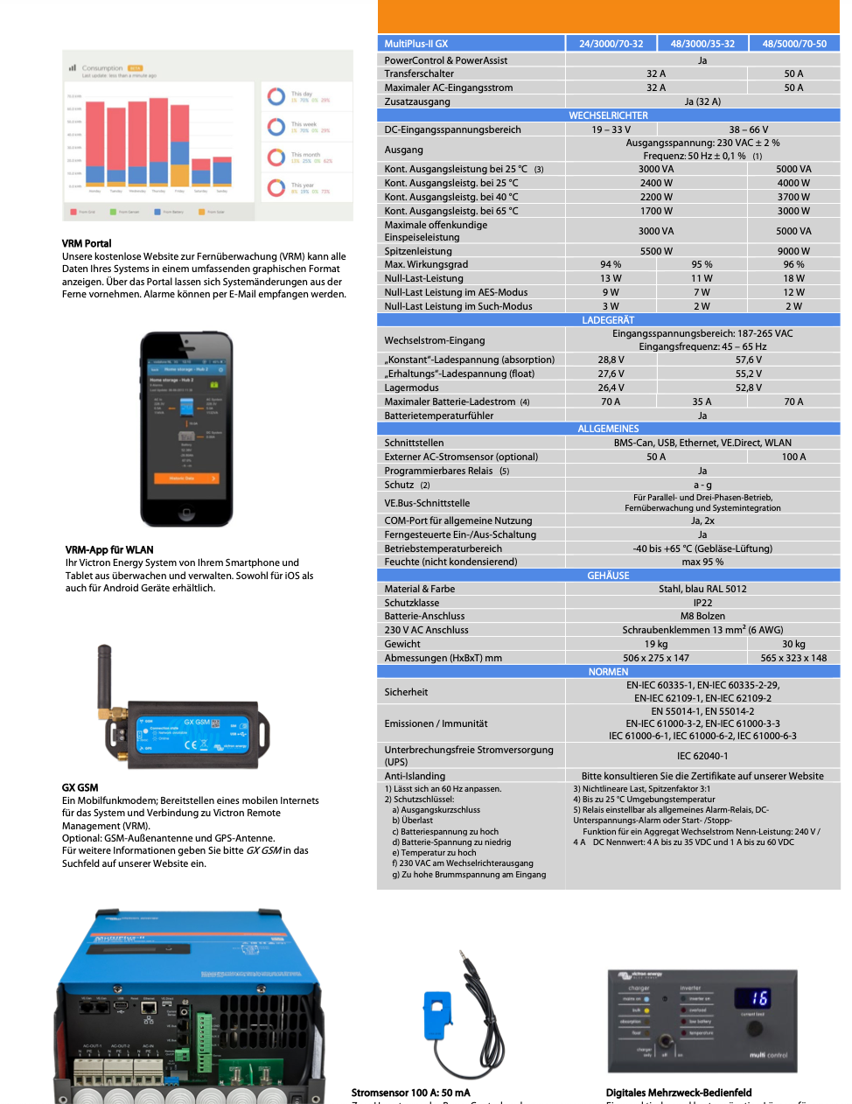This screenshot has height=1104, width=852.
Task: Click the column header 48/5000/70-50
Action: point(794,44)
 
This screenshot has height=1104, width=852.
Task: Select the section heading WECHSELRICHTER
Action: point(609,115)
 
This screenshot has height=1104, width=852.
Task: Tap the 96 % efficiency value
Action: point(793,264)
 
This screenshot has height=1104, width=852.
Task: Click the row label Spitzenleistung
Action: point(418,251)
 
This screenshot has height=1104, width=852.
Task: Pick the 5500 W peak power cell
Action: point(656,251)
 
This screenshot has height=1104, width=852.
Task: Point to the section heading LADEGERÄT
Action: point(609,320)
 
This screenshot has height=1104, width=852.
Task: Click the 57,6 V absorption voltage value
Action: point(748,360)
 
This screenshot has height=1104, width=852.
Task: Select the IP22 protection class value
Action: point(702,603)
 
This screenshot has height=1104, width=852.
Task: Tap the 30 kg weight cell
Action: point(793,644)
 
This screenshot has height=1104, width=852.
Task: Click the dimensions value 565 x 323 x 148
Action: point(793,658)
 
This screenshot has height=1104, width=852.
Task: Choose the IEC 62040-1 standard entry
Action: point(702,756)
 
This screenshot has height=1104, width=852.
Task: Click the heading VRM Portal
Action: point(87,243)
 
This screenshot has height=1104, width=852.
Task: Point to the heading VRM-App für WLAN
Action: point(109,550)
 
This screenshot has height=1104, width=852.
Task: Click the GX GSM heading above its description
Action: point(80,787)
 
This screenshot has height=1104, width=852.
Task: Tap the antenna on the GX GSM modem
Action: point(105,678)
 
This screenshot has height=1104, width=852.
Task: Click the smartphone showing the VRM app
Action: point(186,429)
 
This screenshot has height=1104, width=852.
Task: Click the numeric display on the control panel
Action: point(751,998)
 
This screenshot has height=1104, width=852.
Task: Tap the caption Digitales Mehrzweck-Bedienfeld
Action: point(679,1093)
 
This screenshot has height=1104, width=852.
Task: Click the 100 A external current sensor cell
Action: point(793,457)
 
